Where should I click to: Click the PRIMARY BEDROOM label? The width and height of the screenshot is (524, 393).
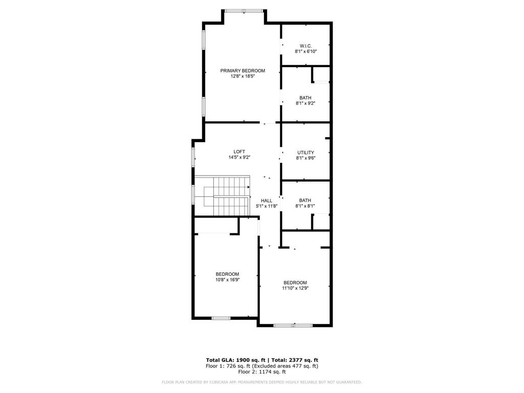(x=243, y=71)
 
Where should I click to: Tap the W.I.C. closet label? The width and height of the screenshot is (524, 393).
(x=305, y=46)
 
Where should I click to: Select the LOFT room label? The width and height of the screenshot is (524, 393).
(x=239, y=151)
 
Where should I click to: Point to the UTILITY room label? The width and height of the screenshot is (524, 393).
(x=305, y=152)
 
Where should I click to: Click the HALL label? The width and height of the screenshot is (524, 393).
(x=267, y=201)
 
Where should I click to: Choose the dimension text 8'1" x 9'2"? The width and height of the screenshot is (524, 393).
(x=305, y=103)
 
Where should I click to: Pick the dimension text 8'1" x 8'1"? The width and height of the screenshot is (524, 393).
(x=305, y=206)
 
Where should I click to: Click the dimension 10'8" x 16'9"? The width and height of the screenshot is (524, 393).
(x=227, y=280)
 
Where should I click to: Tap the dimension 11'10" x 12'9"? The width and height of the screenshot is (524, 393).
(x=295, y=288)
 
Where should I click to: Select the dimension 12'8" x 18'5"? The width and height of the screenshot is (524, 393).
(x=243, y=76)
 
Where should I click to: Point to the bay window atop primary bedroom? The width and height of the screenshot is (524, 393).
(x=244, y=11)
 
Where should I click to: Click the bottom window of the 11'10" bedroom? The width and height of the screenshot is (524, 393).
(x=293, y=325)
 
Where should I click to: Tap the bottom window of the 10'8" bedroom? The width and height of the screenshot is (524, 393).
(x=221, y=318)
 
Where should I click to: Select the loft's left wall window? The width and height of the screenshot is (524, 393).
(x=193, y=157)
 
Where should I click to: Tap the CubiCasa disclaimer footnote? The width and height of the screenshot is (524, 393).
(x=261, y=382)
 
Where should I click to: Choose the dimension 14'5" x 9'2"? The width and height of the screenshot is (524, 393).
(x=239, y=158)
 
